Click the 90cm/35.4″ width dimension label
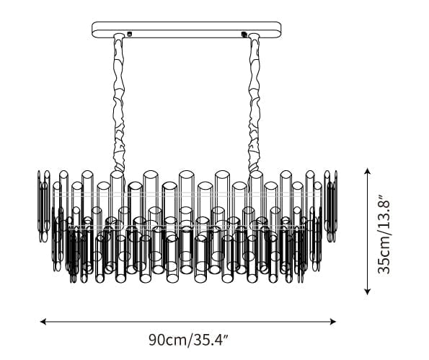pyautogui.click(x=188, y=340)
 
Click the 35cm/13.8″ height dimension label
pyautogui.click(x=383, y=234)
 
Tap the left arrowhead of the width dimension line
pyautogui.click(x=43, y=321)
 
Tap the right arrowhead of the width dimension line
pyautogui.click(x=333, y=321)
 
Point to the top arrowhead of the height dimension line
pyautogui.click(x=368, y=172)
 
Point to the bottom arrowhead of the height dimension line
pyautogui.click(x=368, y=291)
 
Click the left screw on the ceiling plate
pyautogui.click(x=130, y=34)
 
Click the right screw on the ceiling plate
pyautogui.click(x=243, y=34)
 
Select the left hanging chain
pyautogui.click(x=119, y=102)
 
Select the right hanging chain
pyautogui.click(x=254, y=102)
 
